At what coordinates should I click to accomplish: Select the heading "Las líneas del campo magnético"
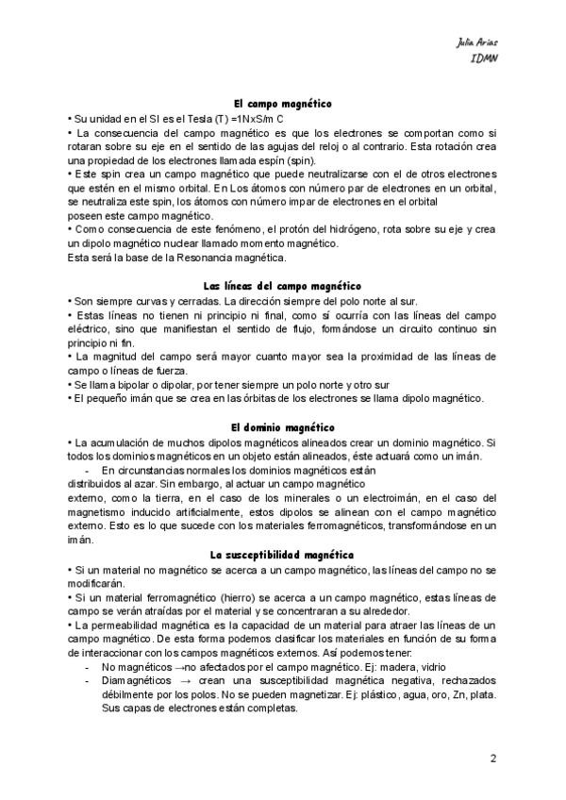282,285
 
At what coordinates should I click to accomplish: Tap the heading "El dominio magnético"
282,427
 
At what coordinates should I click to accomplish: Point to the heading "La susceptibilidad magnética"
282,557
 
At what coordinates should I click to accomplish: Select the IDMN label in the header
484,58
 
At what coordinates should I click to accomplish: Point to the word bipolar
122,385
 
